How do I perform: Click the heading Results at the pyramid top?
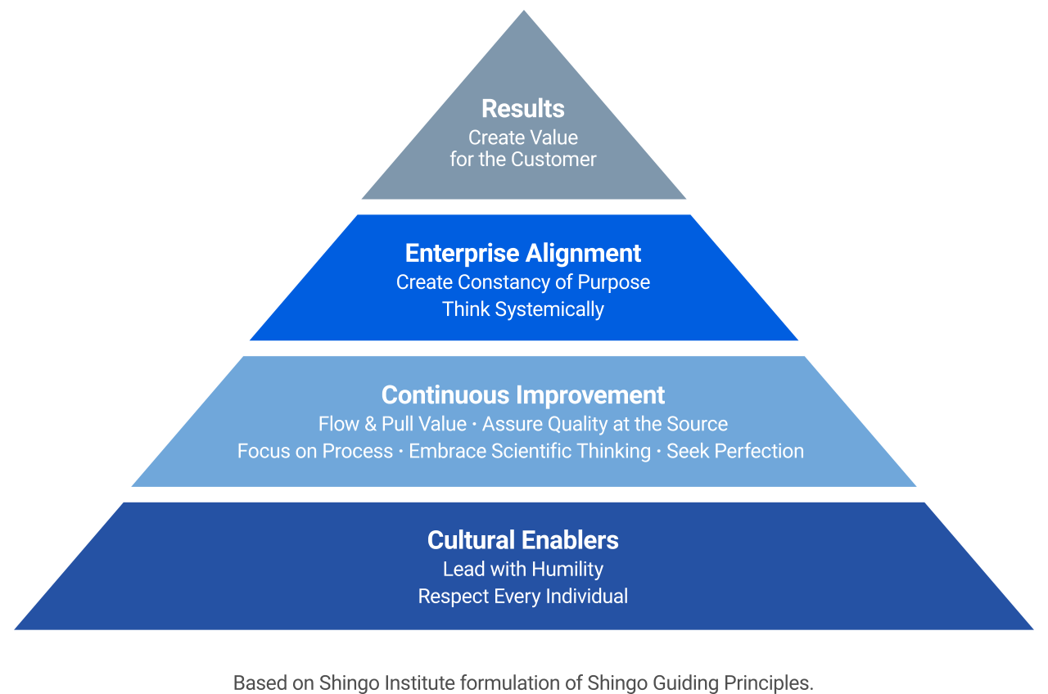coord(523,109)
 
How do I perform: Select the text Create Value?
coord(523,137)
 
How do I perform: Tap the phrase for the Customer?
coord(523,160)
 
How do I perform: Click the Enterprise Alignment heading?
coord(523,254)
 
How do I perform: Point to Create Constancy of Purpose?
coord(523,282)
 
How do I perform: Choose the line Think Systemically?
coord(523,309)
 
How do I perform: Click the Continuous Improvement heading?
coord(523,395)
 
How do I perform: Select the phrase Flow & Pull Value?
coord(392,424)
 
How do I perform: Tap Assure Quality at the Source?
coord(605,424)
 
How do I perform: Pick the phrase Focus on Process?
coord(315,451)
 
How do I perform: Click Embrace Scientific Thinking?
coord(530,451)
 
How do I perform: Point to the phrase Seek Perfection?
coord(735,451)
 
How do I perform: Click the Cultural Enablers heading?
coord(523,540)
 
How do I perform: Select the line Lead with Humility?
coord(523,569)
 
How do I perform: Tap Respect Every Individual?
coord(523,596)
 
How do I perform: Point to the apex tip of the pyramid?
coord(523,5)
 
